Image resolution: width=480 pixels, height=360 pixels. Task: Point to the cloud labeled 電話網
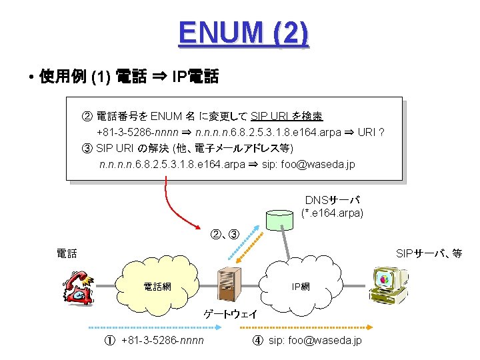point(157,287)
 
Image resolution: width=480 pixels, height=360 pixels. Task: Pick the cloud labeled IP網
point(301,287)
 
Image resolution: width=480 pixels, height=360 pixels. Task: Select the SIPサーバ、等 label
point(429,253)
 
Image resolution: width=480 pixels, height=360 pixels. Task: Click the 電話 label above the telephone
point(67,253)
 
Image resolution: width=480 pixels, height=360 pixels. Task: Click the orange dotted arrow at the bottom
point(313,327)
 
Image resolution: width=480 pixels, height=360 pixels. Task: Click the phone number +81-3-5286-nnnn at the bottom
point(163,341)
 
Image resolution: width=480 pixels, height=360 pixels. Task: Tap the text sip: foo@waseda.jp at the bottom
point(315,341)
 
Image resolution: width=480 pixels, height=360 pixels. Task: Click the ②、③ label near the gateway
point(225,234)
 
